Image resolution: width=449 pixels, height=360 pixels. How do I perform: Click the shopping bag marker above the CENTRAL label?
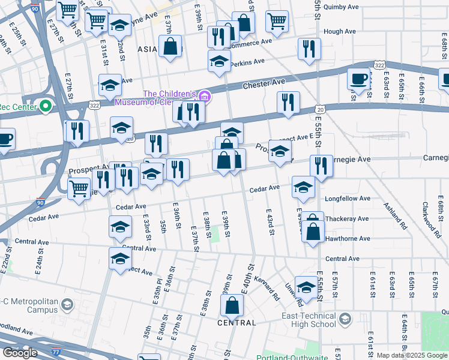click(x=232, y=305)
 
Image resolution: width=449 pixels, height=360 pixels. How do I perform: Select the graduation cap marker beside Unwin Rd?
click(x=306, y=287)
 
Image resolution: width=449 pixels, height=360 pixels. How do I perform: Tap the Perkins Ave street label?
click(x=249, y=62)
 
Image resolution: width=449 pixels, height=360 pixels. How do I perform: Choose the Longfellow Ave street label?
click(x=348, y=198)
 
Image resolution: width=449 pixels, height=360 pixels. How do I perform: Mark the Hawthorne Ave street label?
click(x=348, y=238)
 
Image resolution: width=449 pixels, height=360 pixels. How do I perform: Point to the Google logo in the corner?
click(x=20, y=353)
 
